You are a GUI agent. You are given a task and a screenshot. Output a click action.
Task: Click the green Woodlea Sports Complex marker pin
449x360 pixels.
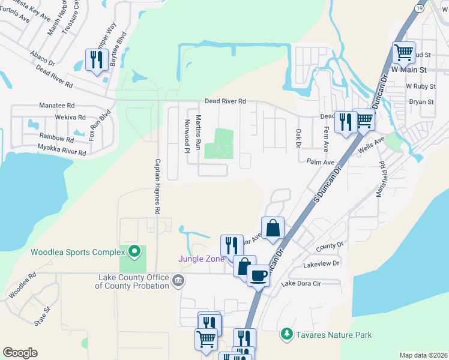coord(134,251)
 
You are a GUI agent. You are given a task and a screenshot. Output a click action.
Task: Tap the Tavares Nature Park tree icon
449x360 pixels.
coord(288,334)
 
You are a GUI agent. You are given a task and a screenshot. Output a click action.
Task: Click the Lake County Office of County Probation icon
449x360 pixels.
coord(178,280)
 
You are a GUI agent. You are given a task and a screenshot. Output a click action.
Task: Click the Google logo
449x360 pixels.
coord(20,352)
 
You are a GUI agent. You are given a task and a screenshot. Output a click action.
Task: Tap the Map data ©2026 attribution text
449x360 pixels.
coord(423,355)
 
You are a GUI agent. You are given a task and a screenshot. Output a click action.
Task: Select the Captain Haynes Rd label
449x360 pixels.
coord(158,187)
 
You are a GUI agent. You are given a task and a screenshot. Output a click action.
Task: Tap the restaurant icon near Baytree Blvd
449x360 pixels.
coord(96,59)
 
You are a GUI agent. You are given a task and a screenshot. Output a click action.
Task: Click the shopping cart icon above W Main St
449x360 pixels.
coord(403,52)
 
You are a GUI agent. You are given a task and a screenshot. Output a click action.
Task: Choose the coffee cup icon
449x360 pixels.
coord(258,276)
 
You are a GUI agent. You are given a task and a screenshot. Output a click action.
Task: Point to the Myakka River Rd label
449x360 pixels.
coord(62,149)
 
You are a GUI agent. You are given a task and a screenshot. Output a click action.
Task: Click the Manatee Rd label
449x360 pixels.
coord(56,104)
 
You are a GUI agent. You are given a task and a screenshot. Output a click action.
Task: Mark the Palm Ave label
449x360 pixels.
coord(320,162)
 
